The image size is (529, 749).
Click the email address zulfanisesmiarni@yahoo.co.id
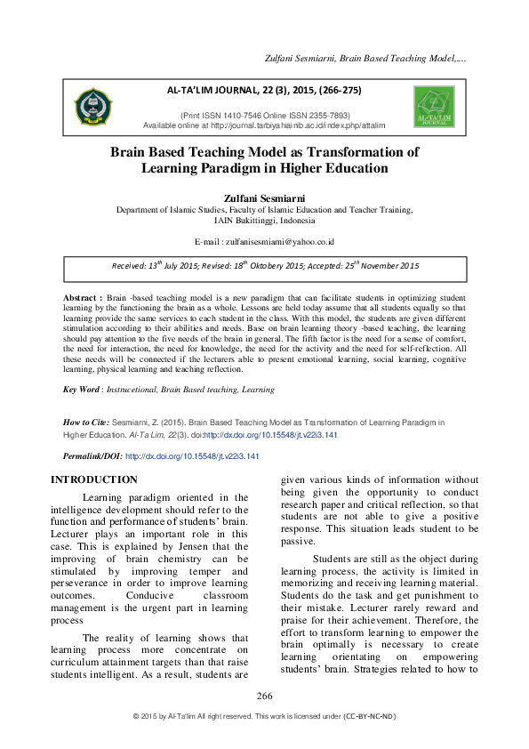280,241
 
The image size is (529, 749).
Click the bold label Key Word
81,389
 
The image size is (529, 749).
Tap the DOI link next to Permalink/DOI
192,455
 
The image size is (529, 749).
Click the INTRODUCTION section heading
96,480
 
